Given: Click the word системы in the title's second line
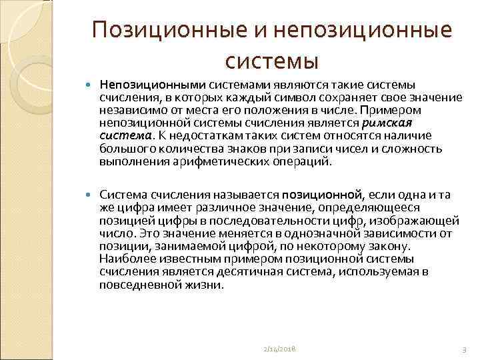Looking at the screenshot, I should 272,61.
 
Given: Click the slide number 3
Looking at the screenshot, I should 463,349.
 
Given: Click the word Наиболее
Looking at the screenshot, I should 124,259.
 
